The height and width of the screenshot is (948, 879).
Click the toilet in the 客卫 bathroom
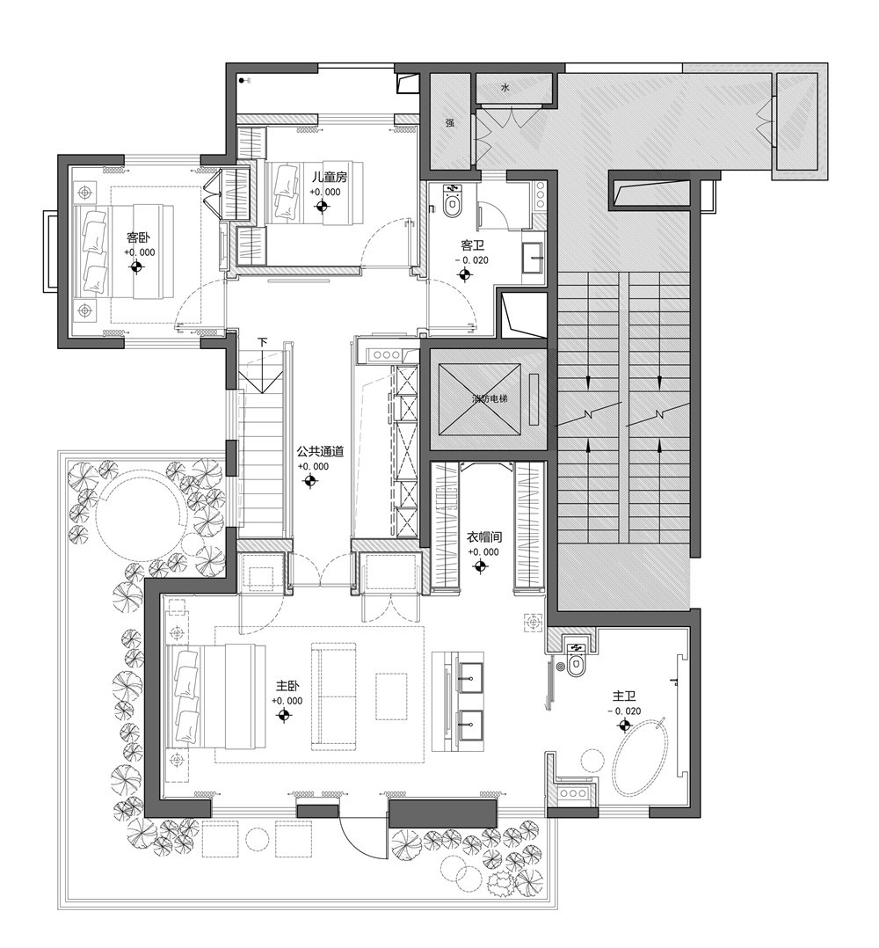[x=451, y=202]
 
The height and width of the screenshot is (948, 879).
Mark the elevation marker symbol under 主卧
[x=284, y=716]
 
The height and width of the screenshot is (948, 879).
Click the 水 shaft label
[x=505, y=87]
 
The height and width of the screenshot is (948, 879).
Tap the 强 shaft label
[x=449, y=123]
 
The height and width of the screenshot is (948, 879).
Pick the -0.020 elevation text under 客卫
[x=472, y=260]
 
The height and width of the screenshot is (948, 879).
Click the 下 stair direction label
[x=263, y=342]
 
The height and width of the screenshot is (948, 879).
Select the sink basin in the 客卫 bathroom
[x=534, y=259]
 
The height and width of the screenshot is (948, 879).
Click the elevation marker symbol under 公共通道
[x=311, y=481]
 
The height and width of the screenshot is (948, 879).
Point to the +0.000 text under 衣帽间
[x=483, y=552]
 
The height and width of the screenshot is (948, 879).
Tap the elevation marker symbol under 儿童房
[x=323, y=208]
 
